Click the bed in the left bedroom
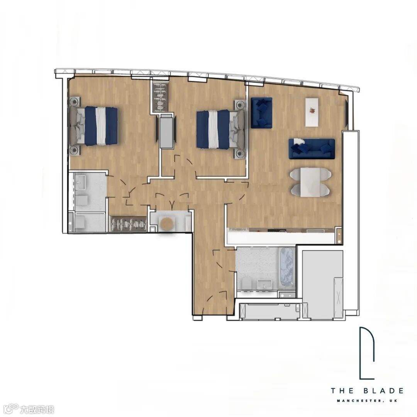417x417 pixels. (93, 126)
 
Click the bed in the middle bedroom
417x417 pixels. (220, 129)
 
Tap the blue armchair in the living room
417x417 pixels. (261, 113)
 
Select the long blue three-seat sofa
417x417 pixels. (312, 149)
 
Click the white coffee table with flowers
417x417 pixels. (312, 112)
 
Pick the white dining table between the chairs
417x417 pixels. (310, 182)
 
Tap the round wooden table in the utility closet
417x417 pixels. (167, 224)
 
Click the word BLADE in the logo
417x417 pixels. (383, 391)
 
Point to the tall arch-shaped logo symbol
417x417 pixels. (367, 353)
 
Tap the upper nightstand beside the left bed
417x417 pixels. (75, 101)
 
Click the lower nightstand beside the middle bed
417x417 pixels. (240, 154)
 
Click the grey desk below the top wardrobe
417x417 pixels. (167, 131)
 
